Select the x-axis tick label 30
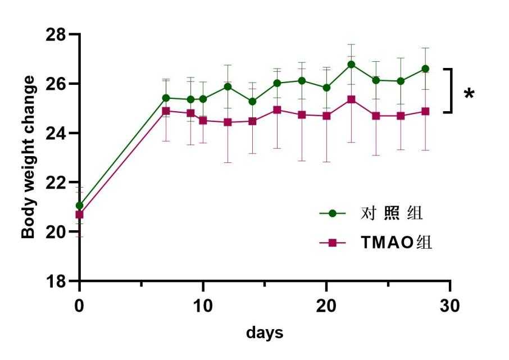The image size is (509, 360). pos(449,306)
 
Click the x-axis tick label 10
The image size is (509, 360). pos(203,306)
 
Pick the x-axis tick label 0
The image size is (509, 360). pos(79,306)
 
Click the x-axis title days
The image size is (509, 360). pos(265,332)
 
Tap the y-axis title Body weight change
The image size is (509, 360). pos(29,157)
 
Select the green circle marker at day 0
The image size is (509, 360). pos(79,206)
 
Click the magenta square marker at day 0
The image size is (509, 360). pos(79,215)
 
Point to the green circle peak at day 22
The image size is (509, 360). pos(351,64)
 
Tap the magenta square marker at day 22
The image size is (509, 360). pos(351,99)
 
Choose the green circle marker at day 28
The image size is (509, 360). pos(425,69)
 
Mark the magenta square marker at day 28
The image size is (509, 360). pos(425,111)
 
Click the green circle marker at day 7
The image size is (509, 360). pos(166,98)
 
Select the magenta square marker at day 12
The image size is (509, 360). pos(228,122)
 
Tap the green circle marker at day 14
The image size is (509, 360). pos(252,102)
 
